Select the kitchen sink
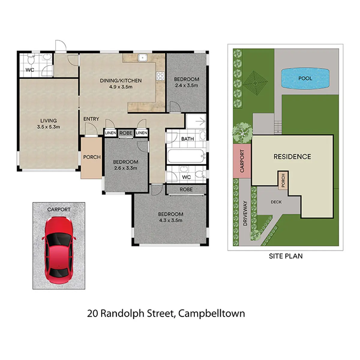point(142,58)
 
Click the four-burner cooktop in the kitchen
point(160,76)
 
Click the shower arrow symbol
point(200,121)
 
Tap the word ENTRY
point(91,119)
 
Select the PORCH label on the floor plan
point(92,157)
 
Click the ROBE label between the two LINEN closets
point(126,133)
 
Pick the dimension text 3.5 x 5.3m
point(48,127)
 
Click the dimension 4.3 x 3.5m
point(171,220)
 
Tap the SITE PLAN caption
point(286,256)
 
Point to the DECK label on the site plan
point(276,202)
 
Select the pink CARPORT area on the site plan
point(242,161)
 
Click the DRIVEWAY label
point(245,213)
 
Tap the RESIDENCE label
point(292,157)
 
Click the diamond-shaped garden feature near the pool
point(255,83)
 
